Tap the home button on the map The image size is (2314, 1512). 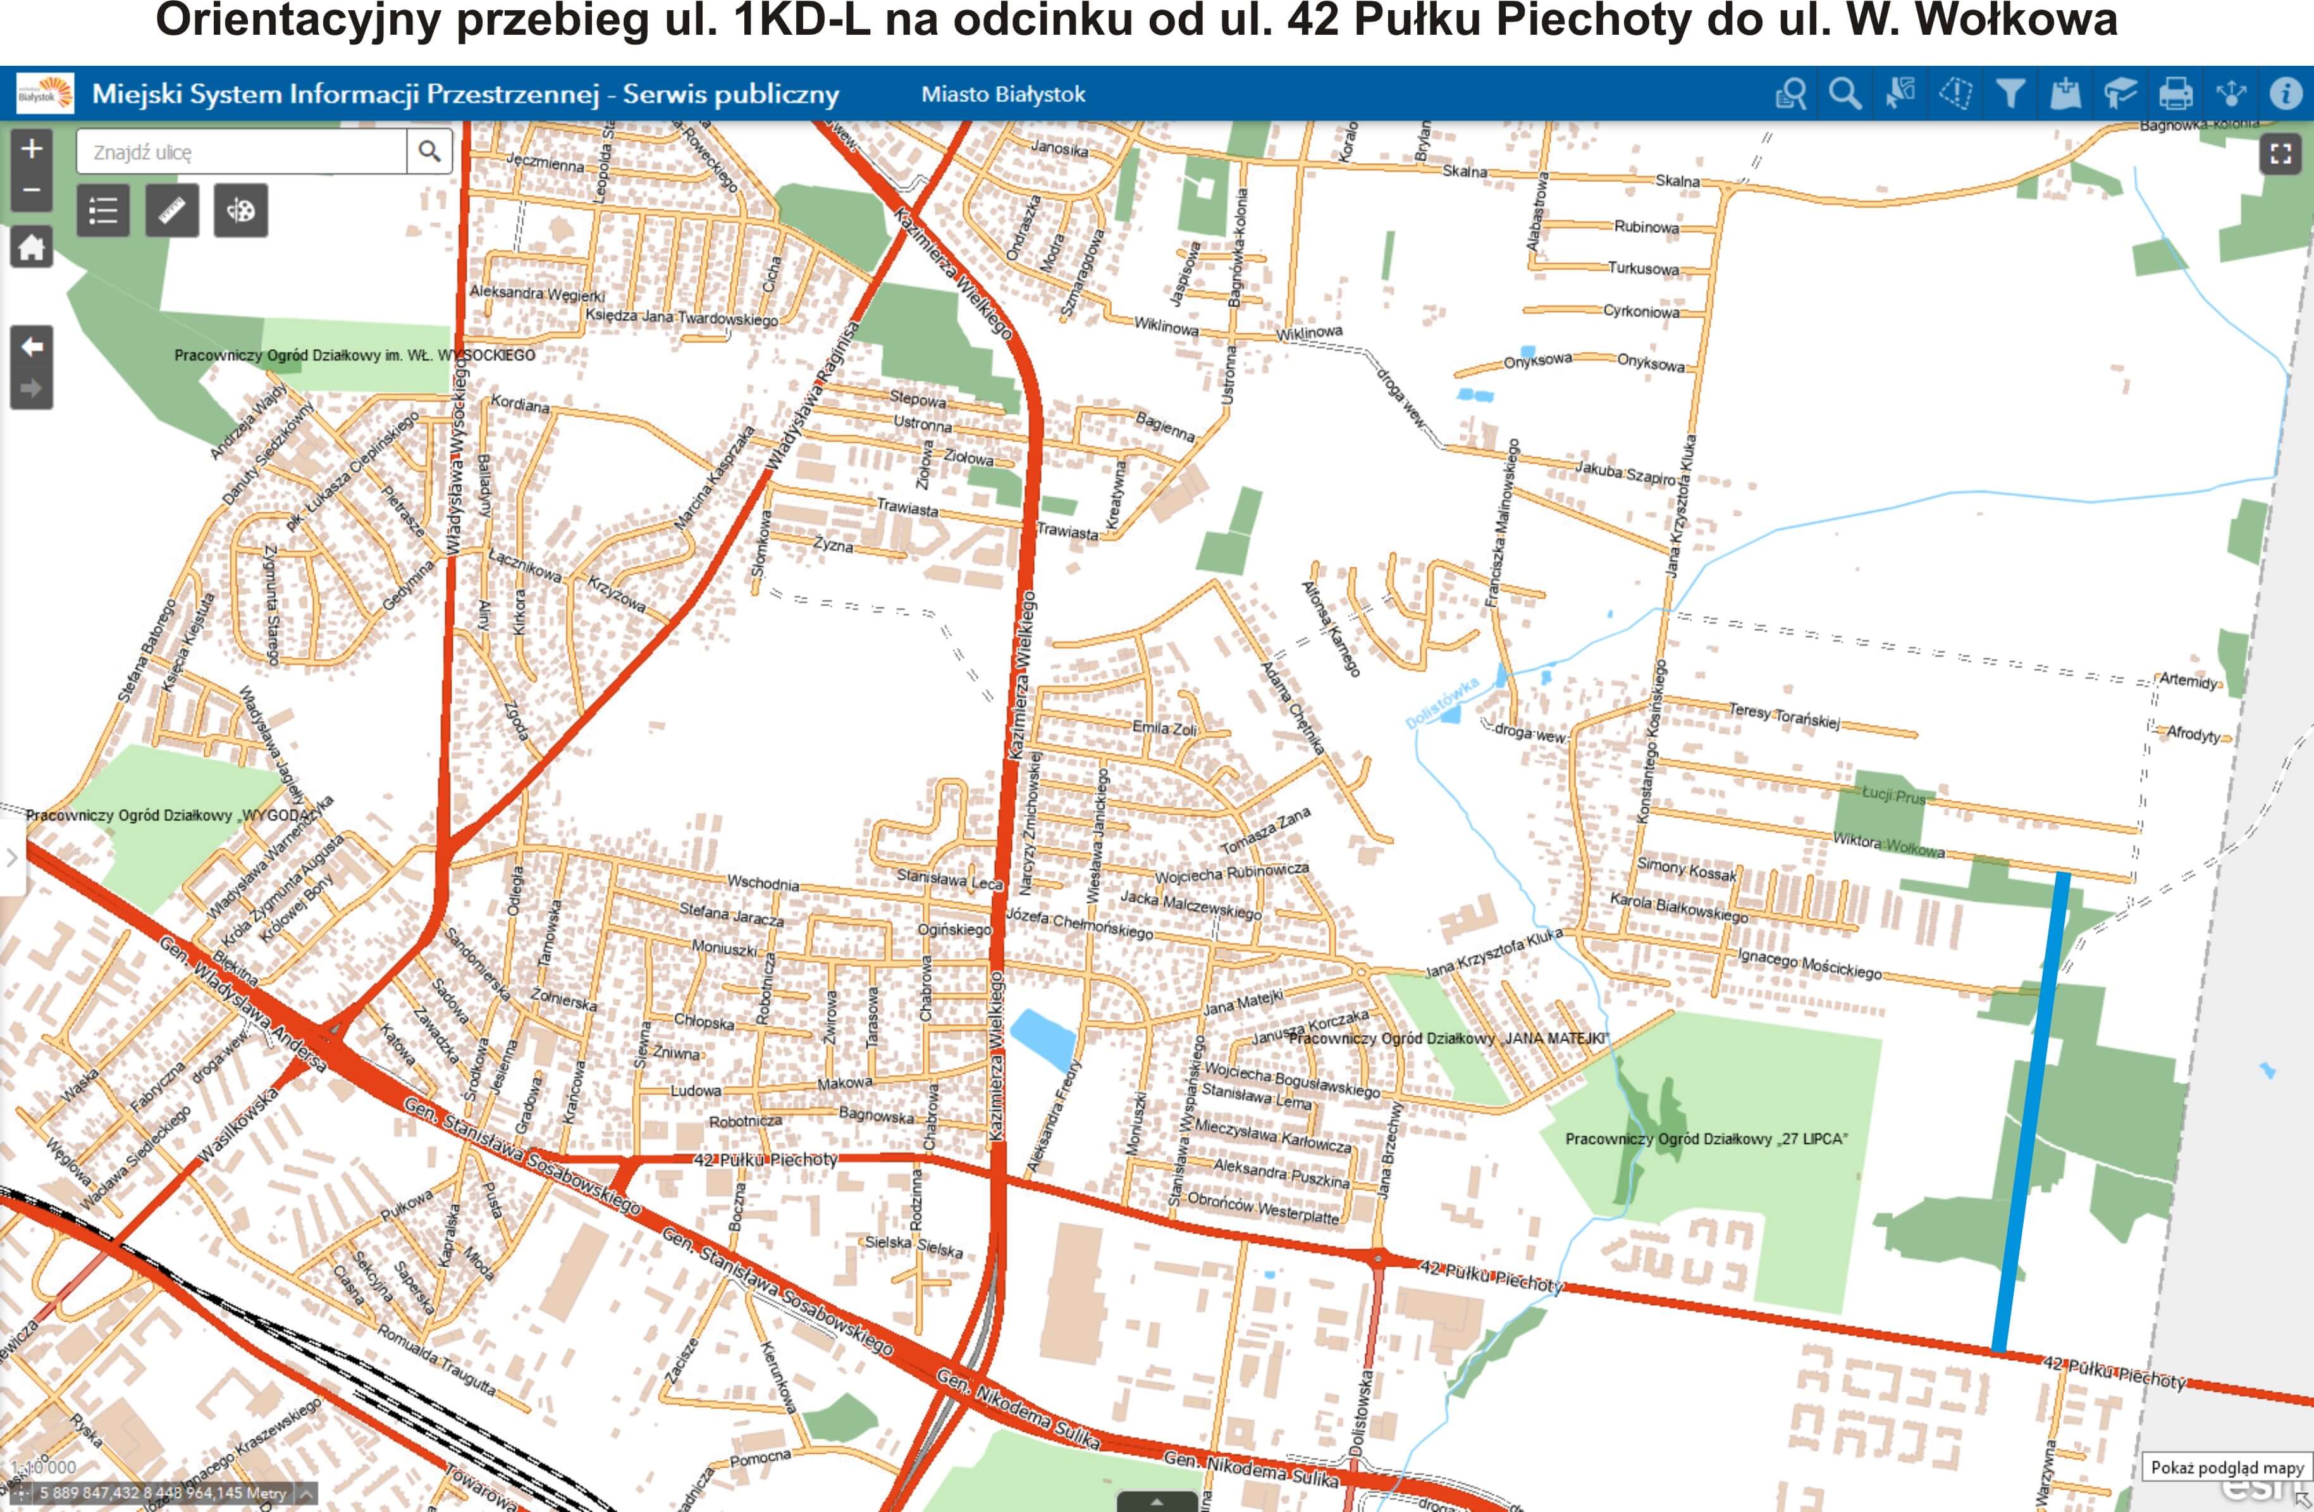point(31,248)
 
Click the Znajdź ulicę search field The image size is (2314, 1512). point(243,152)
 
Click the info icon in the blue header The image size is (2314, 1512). point(2285,94)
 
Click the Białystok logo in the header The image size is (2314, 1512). point(44,94)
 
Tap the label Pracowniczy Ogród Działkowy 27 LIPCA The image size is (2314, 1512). point(1706,1139)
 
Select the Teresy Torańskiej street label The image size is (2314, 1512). point(1783,716)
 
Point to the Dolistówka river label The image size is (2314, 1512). point(1442,702)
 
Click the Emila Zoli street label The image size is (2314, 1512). point(1164,728)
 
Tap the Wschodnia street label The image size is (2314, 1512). point(763,883)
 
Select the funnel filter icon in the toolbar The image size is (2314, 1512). point(2010,94)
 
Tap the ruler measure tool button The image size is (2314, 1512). point(172,210)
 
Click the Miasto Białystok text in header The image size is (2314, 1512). point(1002,94)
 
